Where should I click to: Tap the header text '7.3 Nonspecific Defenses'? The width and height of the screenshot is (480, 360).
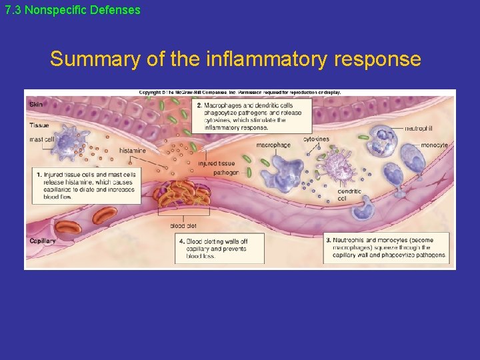[73, 10]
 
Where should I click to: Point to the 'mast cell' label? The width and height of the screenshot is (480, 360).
[41, 139]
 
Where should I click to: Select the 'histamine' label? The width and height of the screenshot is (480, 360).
[132, 151]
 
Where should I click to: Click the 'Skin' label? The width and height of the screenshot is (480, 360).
[35, 104]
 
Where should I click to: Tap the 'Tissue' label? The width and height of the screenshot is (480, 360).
[39, 125]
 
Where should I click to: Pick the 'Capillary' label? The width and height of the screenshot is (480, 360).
[43, 241]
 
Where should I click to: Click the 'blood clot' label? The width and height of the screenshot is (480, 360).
[183, 226]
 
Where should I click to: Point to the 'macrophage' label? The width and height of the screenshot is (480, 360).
[273, 145]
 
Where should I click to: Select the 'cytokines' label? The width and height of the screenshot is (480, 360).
[316, 139]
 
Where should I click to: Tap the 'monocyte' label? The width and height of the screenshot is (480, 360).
[435, 145]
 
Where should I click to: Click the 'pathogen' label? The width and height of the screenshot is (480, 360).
[226, 172]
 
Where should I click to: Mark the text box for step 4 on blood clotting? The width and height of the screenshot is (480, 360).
[219, 249]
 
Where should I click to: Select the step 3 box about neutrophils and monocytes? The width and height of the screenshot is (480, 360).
[386, 247]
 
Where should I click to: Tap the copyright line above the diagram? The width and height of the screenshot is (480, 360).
[240, 93]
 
